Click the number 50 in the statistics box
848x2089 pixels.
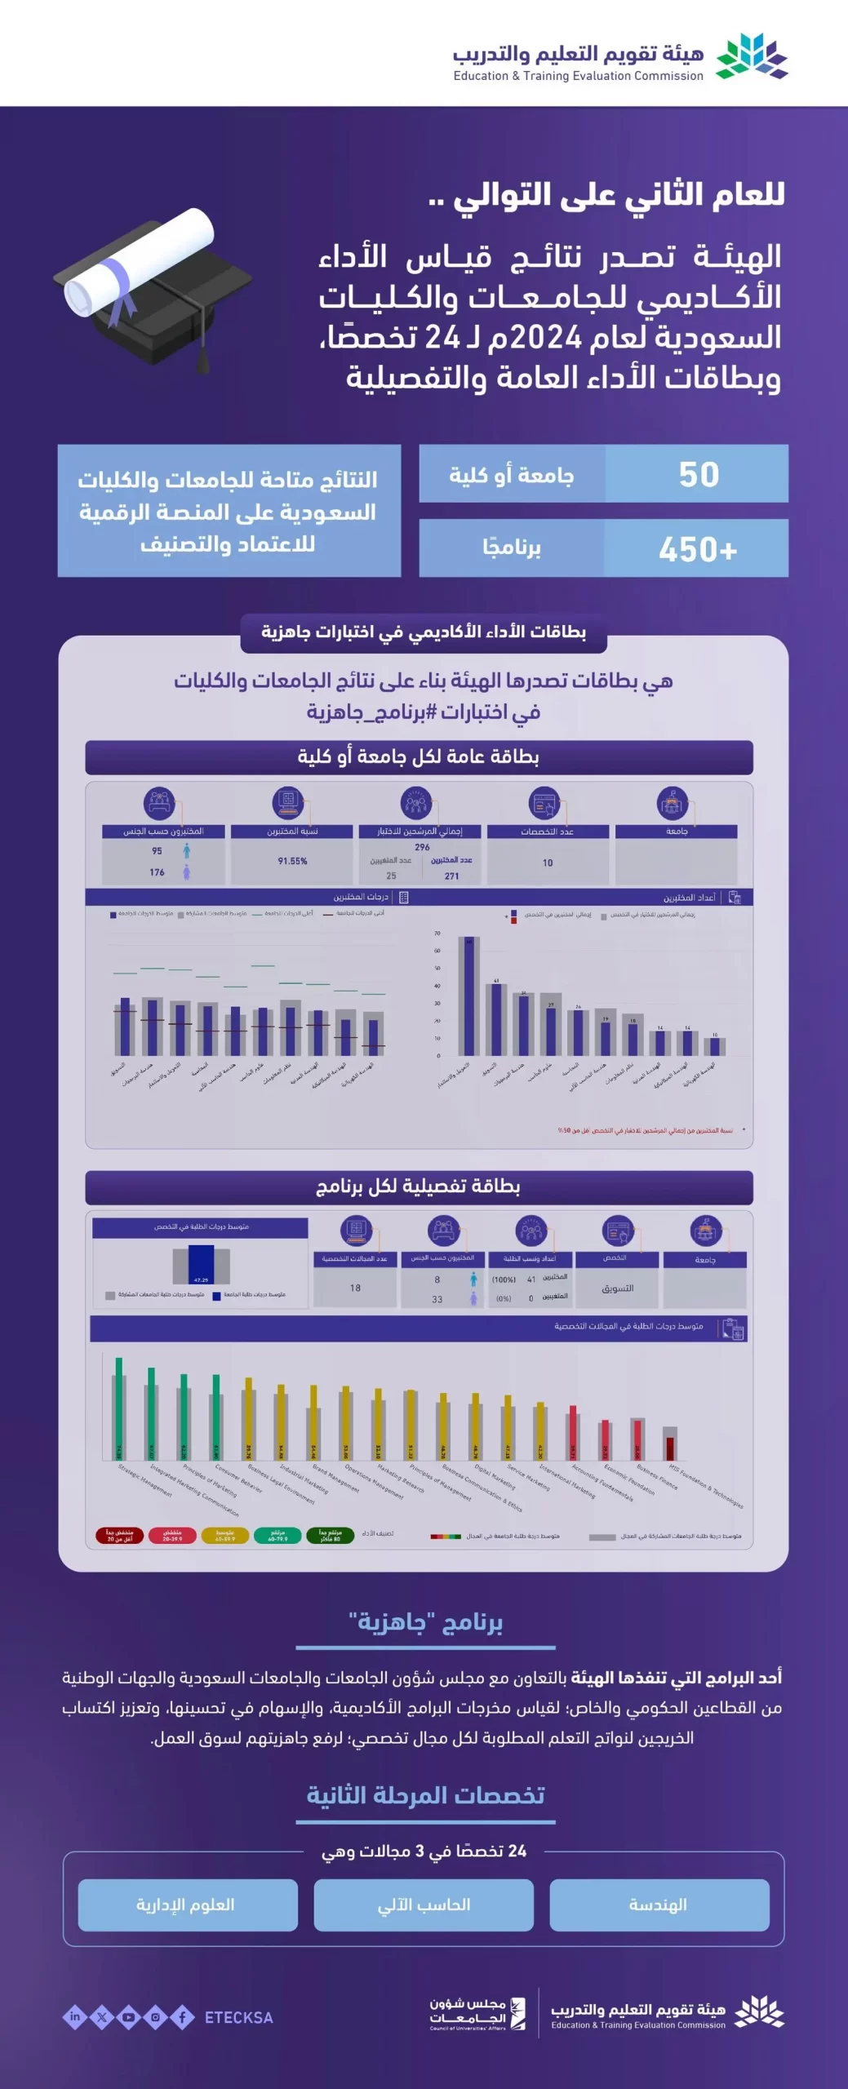[x=699, y=474]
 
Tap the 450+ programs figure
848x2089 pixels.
[x=698, y=549]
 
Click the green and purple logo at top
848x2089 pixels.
[x=752, y=56]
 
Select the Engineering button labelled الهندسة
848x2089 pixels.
[x=659, y=1905]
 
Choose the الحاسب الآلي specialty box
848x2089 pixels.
[x=424, y=1905]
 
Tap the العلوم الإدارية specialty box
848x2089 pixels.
[x=187, y=1905]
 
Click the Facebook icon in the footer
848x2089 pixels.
[x=182, y=2017]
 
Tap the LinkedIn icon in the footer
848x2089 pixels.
[x=75, y=2017]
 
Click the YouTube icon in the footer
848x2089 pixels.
[x=128, y=2017]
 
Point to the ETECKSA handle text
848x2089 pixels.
[x=238, y=2017]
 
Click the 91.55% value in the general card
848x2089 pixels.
[x=292, y=861]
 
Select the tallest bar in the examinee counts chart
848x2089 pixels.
[x=468, y=996]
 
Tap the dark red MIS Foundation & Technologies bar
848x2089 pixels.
[x=670, y=1448]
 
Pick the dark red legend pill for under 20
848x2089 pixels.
[x=120, y=1535]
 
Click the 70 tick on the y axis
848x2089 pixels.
[x=437, y=933]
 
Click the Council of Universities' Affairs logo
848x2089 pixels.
[x=478, y=2014]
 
